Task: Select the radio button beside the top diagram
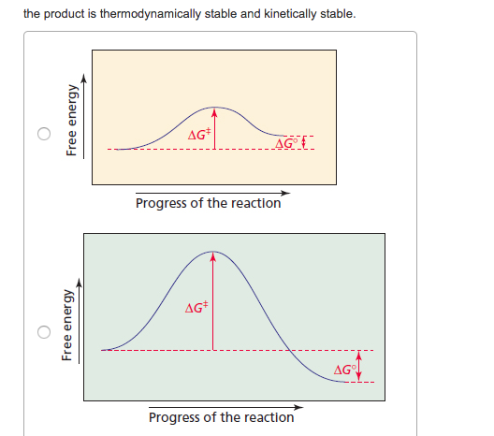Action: click(43, 133)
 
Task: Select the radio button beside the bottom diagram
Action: click(43, 332)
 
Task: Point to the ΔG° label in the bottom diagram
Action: click(344, 371)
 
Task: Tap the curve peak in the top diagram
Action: click(215, 108)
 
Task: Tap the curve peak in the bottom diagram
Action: click(213, 252)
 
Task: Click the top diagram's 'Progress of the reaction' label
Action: click(208, 203)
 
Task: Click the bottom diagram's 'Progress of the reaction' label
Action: click(221, 417)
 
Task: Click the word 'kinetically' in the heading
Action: click(291, 15)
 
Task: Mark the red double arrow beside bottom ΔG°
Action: click(358, 365)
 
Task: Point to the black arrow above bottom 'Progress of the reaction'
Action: click(225, 407)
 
